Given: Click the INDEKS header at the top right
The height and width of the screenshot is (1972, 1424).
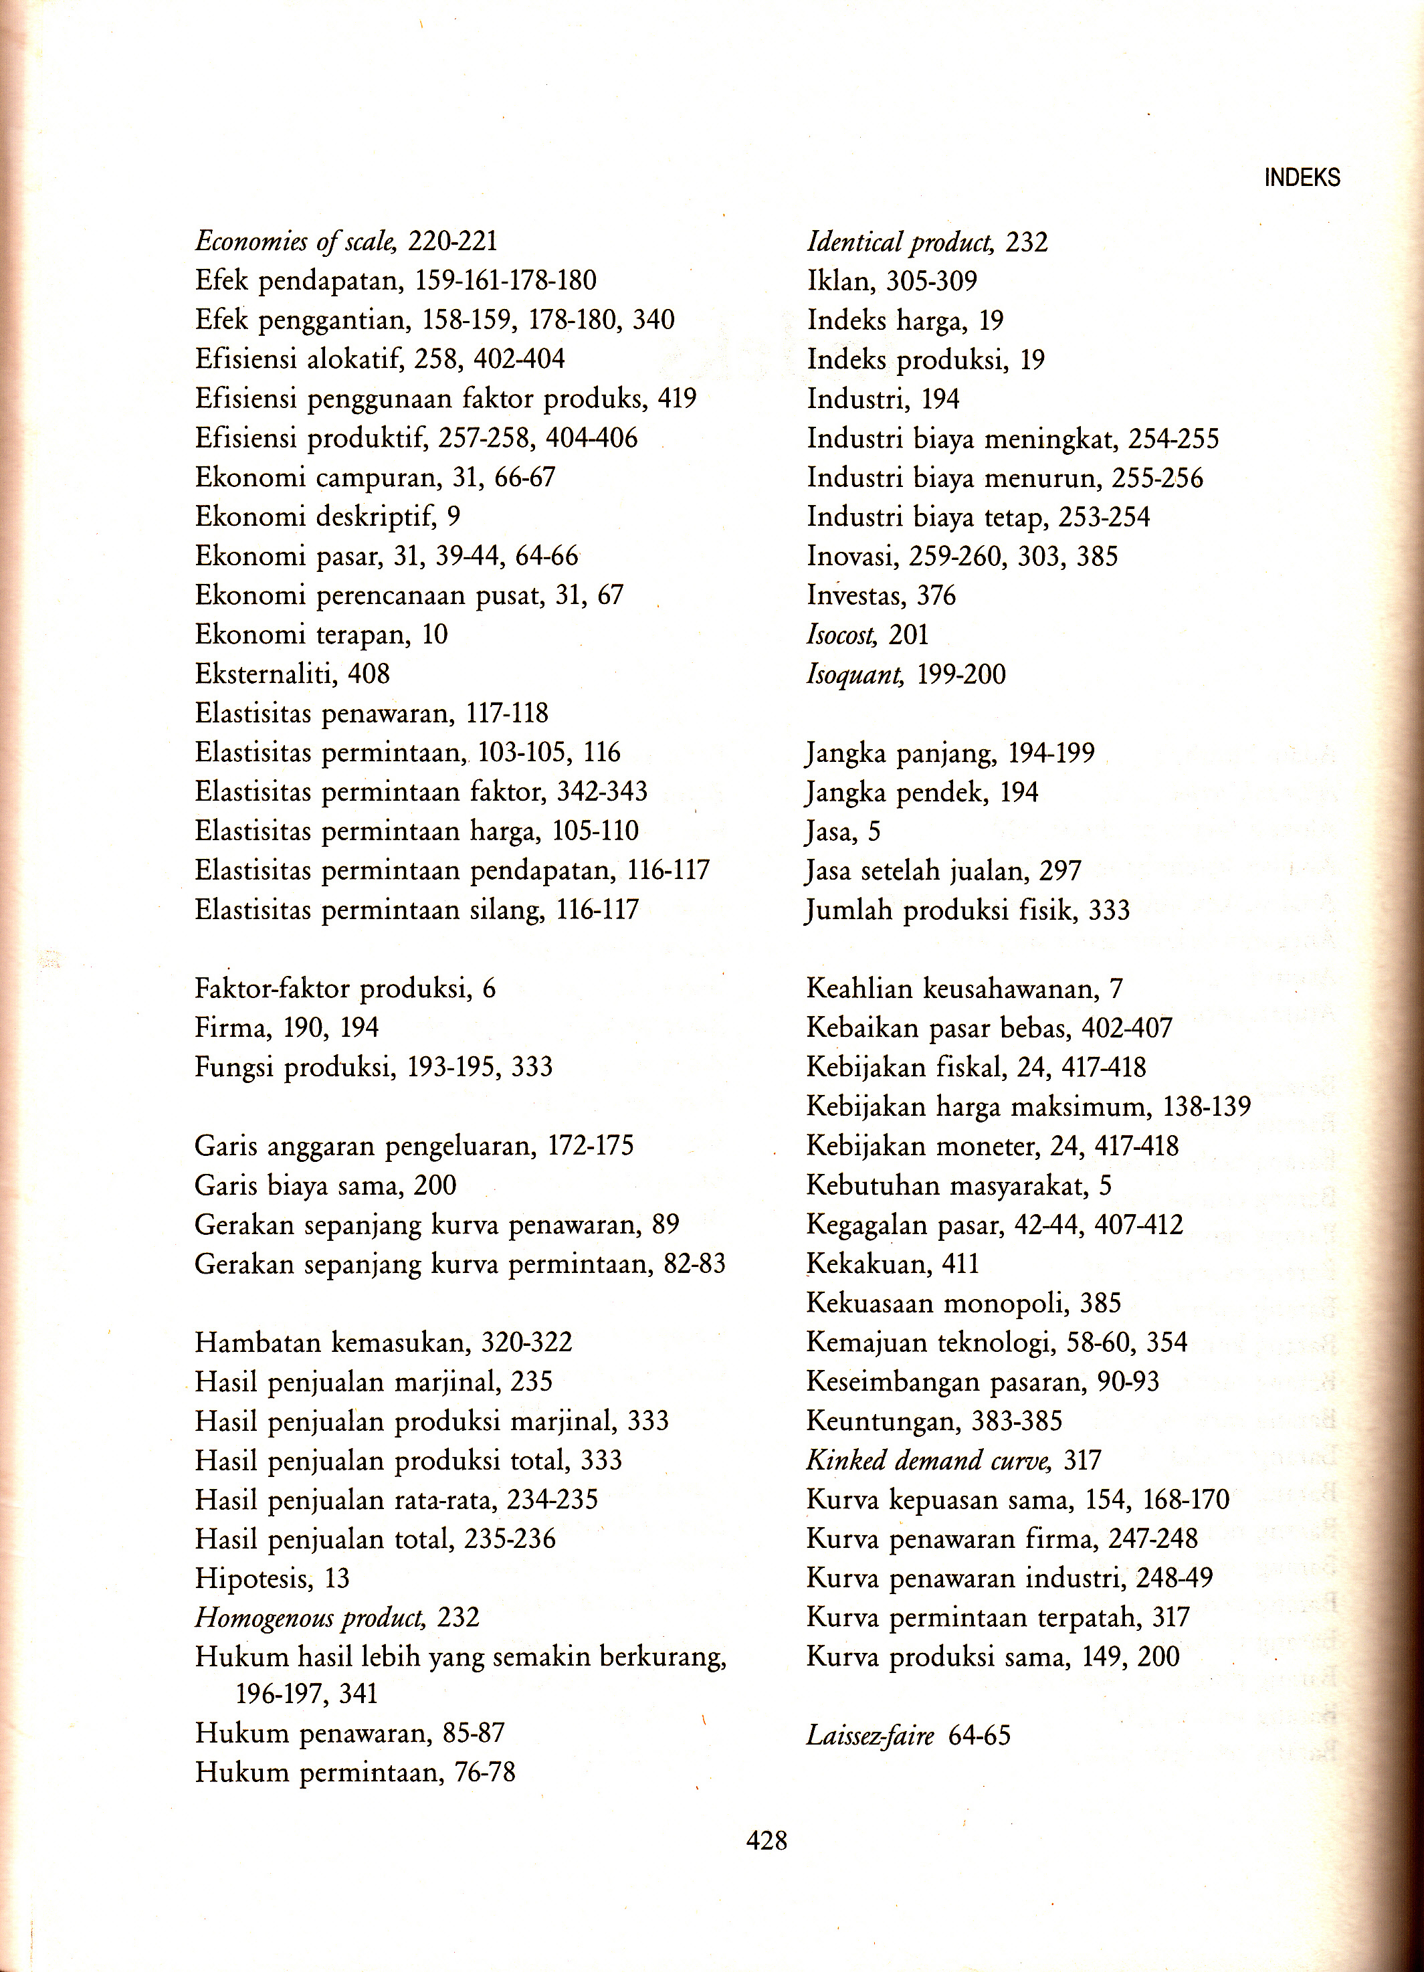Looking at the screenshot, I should (x=1302, y=178).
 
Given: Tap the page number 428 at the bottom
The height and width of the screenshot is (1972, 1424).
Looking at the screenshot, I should (x=767, y=1840).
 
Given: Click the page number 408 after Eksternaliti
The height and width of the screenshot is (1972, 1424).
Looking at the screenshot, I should (x=369, y=674).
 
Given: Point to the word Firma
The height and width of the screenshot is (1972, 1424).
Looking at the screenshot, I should (x=232, y=1027).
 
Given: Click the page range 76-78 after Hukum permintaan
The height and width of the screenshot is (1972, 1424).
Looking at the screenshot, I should (x=485, y=1772).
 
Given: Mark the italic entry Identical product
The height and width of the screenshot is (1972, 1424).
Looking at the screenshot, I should (x=900, y=241).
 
